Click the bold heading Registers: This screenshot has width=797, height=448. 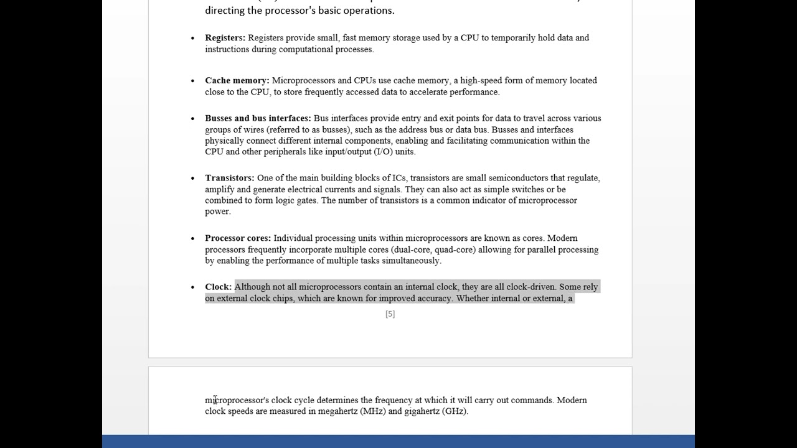point(225,38)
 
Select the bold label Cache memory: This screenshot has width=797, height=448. point(237,80)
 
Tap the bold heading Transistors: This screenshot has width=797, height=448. point(229,178)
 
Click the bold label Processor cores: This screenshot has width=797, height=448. point(238,238)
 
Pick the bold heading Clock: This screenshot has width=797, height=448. point(218,287)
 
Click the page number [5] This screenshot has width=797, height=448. point(390,314)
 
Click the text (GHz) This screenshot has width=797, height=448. point(455,411)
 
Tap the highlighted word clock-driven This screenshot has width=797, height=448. point(531,287)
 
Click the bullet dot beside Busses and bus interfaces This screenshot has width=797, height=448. point(193,118)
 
